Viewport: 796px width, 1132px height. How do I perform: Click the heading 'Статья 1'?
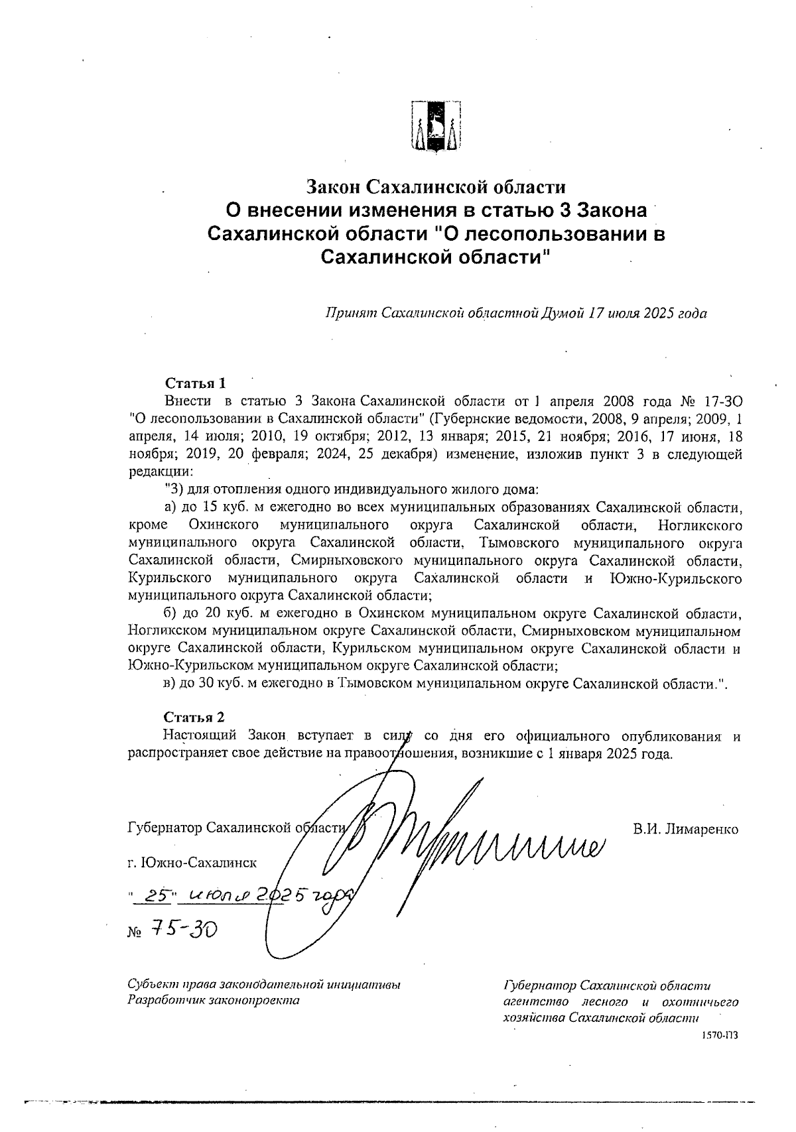pyautogui.click(x=195, y=383)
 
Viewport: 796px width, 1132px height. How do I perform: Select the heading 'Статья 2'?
pyautogui.click(x=194, y=718)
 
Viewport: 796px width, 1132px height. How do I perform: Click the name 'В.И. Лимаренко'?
pyautogui.click(x=685, y=829)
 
